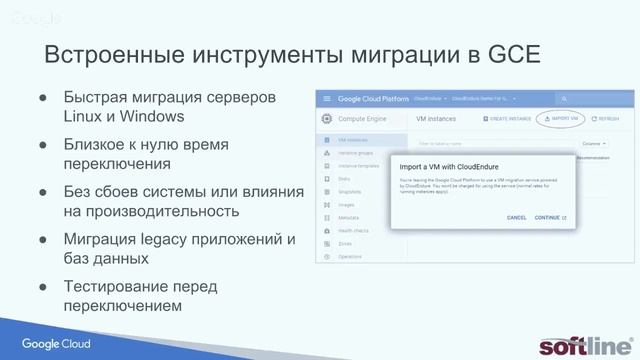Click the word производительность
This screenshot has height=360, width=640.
coord(161,211)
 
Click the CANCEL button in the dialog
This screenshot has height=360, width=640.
coord(516,217)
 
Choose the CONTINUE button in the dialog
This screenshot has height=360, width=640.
coord(549,217)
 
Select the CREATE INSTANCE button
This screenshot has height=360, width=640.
coord(506,118)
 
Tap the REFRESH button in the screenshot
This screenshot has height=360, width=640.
coord(606,118)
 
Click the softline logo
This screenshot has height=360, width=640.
coord(583,344)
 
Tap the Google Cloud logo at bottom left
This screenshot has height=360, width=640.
coord(57,344)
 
